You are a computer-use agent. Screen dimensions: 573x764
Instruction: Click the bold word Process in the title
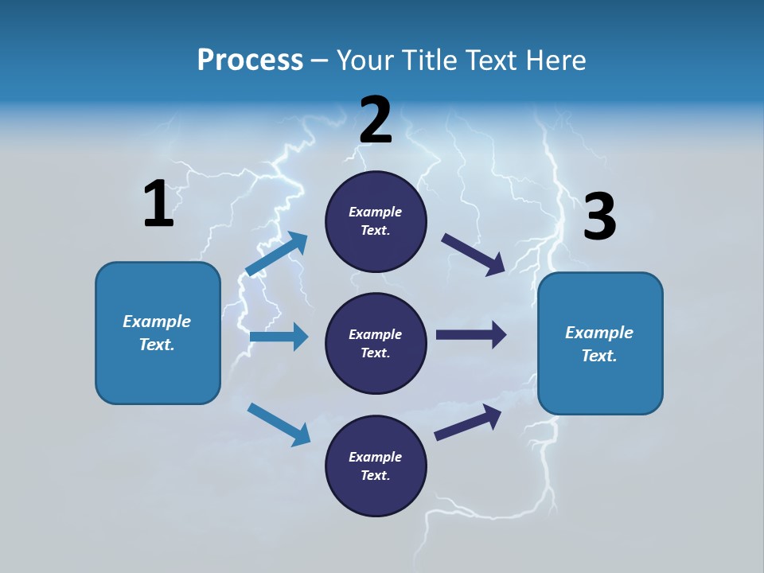pyautogui.click(x=250, y=60)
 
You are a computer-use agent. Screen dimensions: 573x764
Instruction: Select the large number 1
pyautogui.click(x=158, y=205)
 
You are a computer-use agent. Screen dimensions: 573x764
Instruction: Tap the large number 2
pyautogui.click(x=376, y=120)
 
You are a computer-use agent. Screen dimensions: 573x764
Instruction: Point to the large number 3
pyautogui.click(x=599, y=217)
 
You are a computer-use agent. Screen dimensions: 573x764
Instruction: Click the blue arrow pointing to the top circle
pyautogui.click(x=276, y=254)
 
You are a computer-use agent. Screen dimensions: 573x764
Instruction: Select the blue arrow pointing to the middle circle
pyautogui.click(x=279, y=337)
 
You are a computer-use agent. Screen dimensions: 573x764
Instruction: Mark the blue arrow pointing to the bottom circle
pyautogui.click(x=279, y=424)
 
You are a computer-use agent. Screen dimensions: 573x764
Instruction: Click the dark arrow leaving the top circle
pyautogui.click(x=473, y=254)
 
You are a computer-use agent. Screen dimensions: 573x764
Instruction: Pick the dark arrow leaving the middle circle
pyautogui.click(x=471, y=334)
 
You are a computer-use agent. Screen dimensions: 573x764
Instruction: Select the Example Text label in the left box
pyautogui.click(x=157, y=333)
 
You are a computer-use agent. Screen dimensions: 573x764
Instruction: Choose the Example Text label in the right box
pyautogui.click(x=599, y=344)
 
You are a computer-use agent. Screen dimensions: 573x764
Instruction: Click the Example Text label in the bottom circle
pyautogui.click(x=376, y=466)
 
